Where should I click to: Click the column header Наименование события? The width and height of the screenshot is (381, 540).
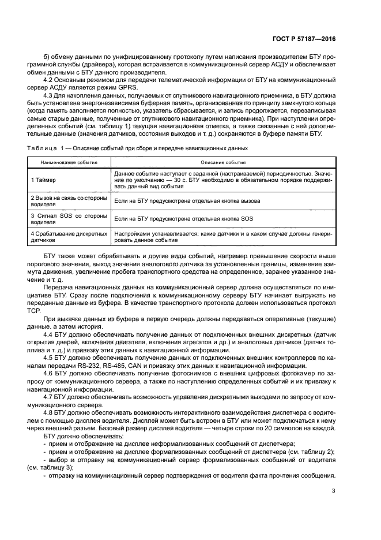coord(69,163)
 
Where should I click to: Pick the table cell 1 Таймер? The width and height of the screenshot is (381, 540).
coord(44,180)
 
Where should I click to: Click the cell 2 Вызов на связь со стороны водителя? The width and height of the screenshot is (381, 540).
coord(69,201)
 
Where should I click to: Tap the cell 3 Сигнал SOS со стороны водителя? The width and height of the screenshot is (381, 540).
coord(69,218)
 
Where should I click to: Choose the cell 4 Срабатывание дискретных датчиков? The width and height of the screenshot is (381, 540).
coord(69,236)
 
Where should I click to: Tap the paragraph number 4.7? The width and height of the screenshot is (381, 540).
coord(50,397)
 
